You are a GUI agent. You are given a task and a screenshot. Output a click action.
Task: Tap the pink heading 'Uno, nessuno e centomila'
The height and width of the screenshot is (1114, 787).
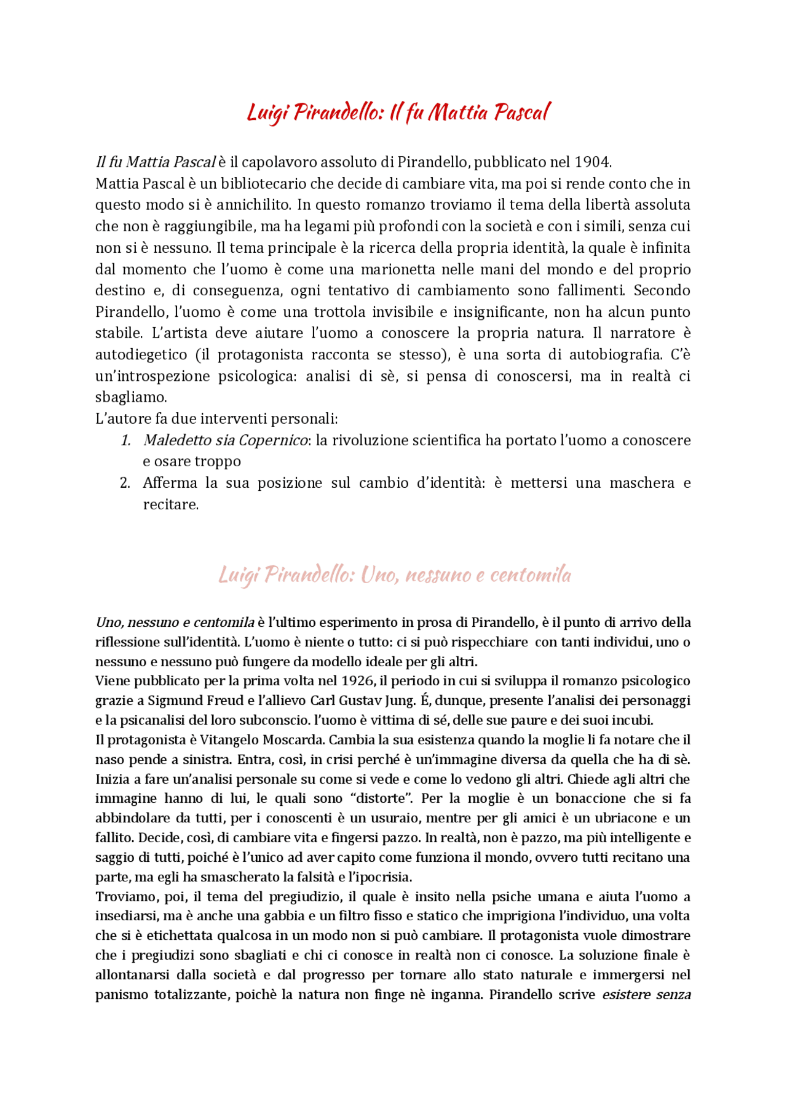coord(395,575)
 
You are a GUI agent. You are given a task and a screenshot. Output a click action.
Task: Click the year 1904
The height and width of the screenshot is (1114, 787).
coord(591,162)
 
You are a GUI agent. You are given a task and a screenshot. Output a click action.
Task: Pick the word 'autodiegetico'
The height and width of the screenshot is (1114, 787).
coord(141,354)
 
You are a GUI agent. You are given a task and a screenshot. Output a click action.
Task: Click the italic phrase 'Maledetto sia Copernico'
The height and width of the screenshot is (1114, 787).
coord(225,440)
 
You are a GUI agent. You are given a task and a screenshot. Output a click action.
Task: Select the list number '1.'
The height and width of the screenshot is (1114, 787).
coord(125,440)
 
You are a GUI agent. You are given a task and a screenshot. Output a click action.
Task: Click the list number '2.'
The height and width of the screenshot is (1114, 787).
coord(125,483)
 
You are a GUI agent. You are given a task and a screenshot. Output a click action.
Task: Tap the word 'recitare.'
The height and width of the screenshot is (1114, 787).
coord(171,504)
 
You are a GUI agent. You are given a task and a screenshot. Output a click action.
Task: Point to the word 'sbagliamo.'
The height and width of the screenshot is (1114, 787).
coord(130,397)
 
